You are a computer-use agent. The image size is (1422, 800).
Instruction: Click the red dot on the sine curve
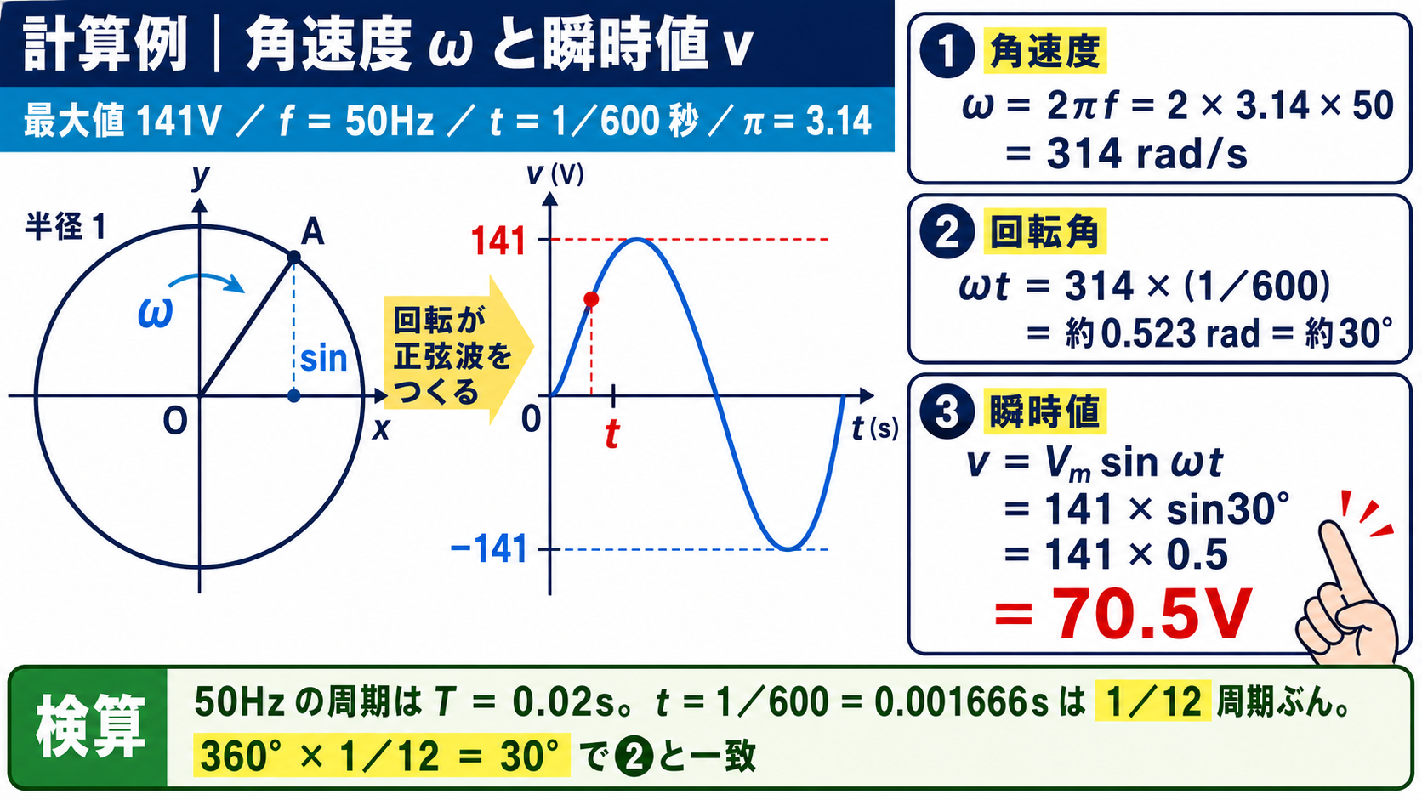pos(591,298)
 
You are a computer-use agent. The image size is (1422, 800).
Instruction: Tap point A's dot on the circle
pos(294,257)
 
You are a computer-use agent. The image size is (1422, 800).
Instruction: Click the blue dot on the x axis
pos(294,396)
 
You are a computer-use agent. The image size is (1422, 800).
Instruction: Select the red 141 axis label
pos(499,241)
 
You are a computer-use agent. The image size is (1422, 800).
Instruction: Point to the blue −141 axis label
pos(489,548)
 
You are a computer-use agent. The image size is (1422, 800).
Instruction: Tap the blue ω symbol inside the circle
pos(156,312)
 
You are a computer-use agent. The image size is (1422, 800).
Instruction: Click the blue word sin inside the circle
pos(324,359)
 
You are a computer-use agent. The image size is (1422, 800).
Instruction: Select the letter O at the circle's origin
pos(175,421)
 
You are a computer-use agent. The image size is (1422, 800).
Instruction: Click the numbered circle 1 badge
pos(947,51)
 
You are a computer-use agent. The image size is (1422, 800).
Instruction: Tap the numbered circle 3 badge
pos(947,411)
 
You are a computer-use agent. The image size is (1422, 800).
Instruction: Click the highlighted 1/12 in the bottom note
pos(1153,701)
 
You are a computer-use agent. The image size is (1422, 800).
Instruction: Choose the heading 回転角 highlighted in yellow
pos(1045,231)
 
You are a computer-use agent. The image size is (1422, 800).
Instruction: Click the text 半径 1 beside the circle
pos(65,226)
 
